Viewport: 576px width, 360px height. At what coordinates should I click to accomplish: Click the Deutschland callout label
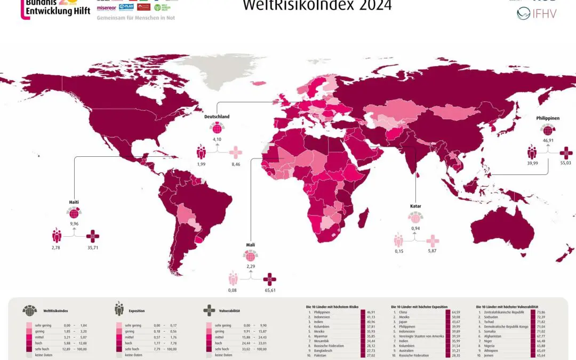coord(217,116)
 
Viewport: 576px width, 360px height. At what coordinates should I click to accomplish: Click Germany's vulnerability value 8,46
coord(235,165)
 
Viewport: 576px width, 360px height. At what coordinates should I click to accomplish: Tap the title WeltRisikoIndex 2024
coord(317,6)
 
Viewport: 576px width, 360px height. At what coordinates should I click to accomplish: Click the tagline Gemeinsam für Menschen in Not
coord(135,18)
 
